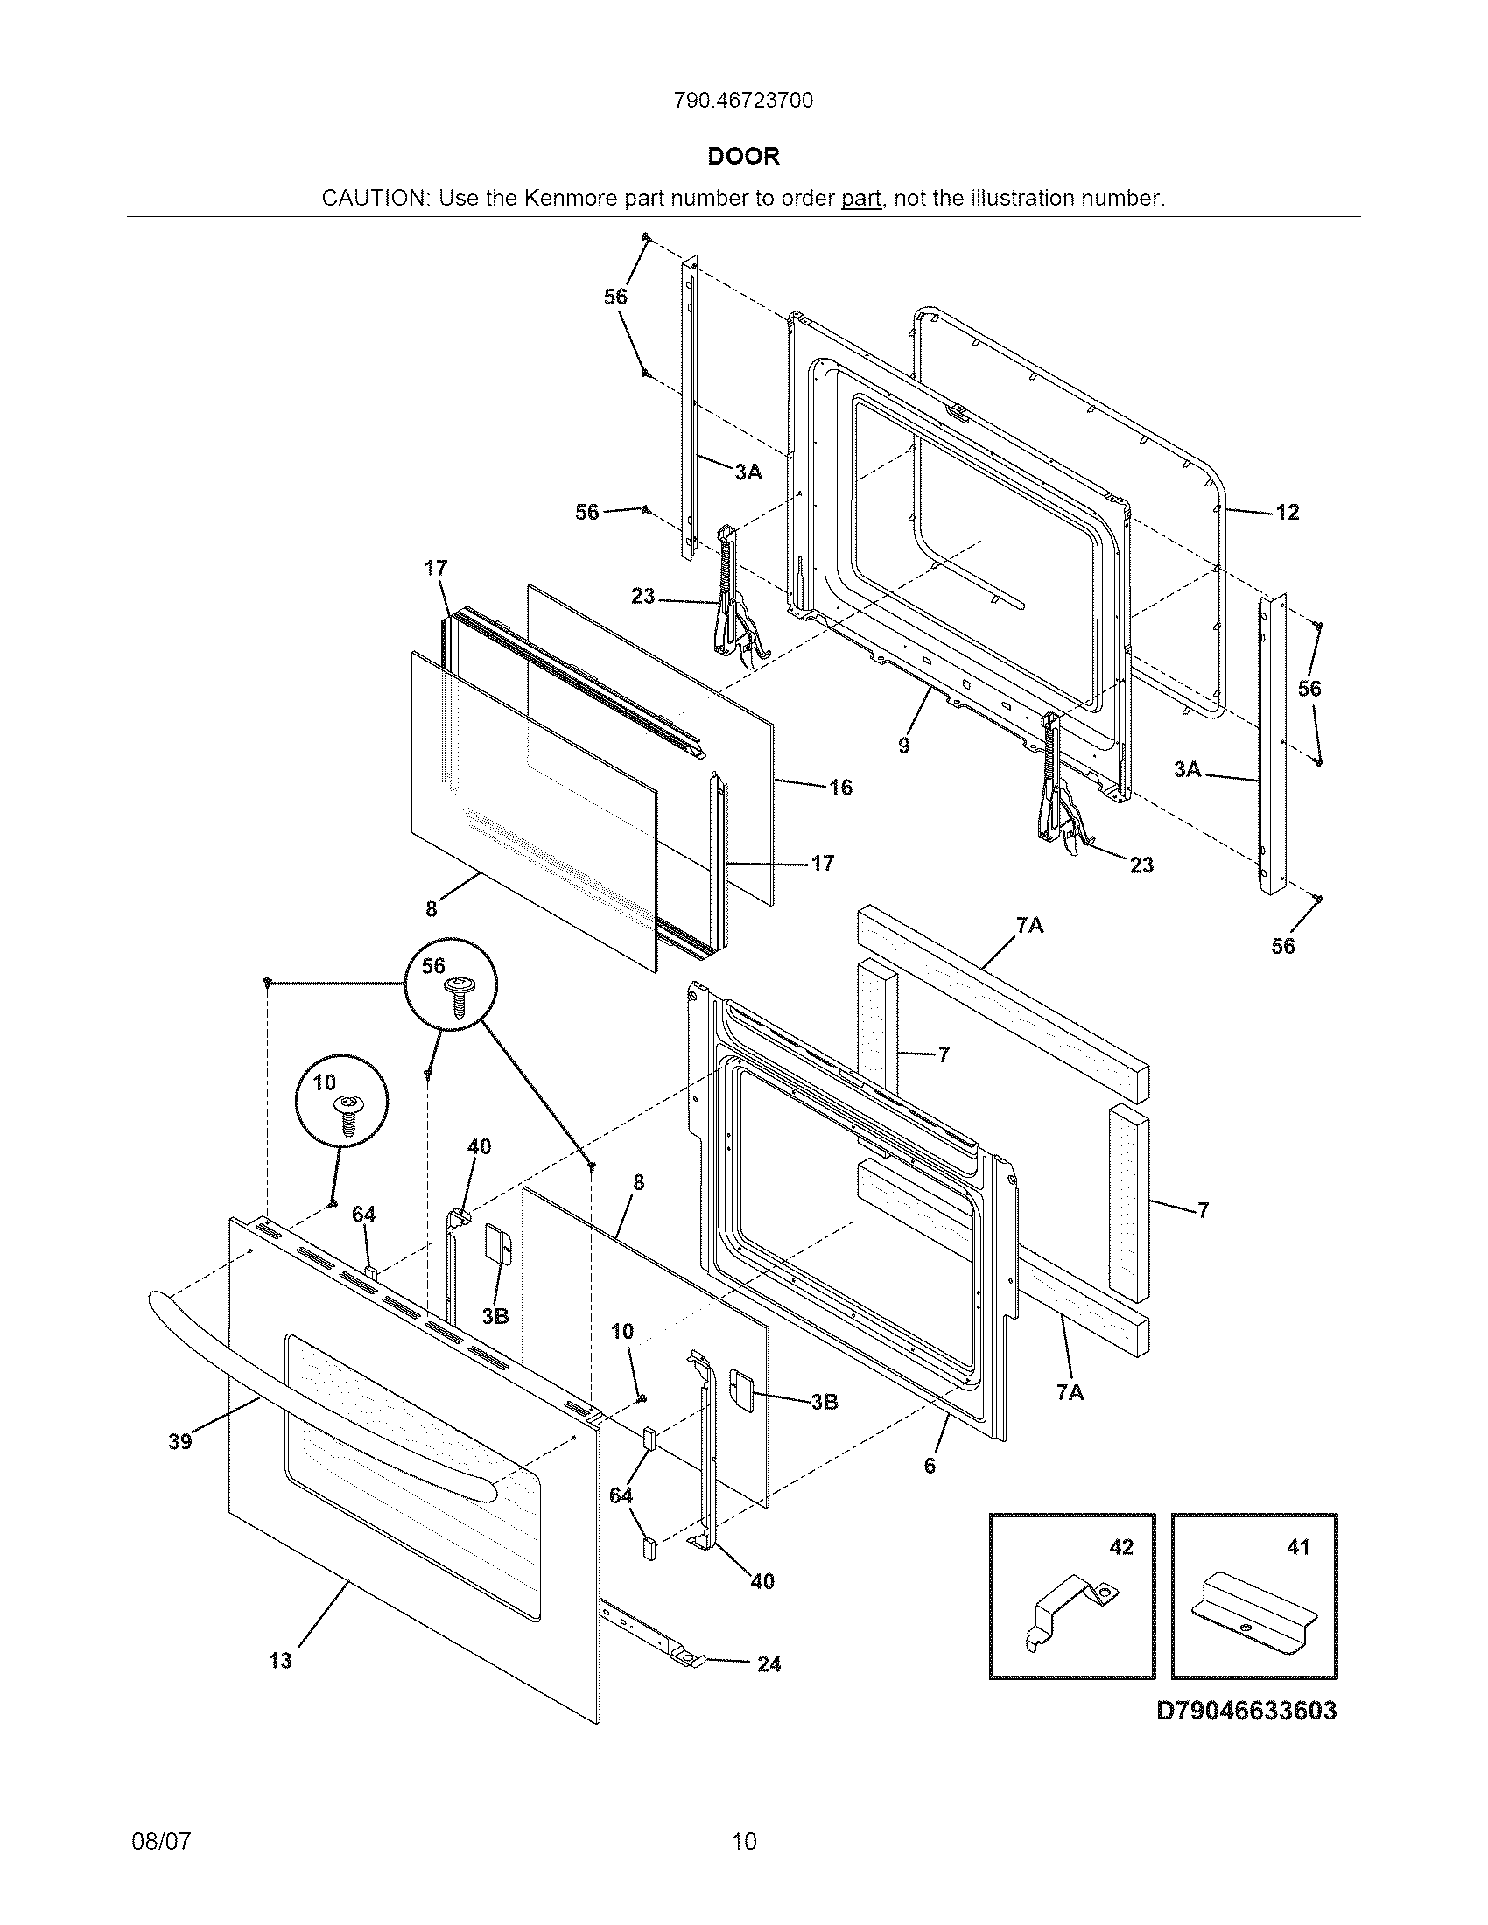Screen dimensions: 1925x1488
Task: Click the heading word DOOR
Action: coord(744,157)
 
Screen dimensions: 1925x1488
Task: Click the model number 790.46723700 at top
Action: coord(743,101)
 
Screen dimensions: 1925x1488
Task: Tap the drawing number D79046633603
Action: coord(1246,1710)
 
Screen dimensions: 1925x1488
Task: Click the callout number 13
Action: coord(279,1661)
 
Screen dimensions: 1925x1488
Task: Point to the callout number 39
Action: coord(179,1441)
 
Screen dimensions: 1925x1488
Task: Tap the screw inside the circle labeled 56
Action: coord(459,996)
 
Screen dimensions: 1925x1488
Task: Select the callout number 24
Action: coord(769,1664)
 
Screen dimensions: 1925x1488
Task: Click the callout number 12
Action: coord(1287,513)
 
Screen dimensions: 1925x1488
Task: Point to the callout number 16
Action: coord(841,787)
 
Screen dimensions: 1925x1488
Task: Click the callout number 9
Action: coord(903,745)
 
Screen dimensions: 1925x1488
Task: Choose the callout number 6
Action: coord(929,1465)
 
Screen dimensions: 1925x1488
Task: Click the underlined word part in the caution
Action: coord(861,199)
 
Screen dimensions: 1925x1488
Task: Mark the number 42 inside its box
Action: coord(1121,1547)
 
